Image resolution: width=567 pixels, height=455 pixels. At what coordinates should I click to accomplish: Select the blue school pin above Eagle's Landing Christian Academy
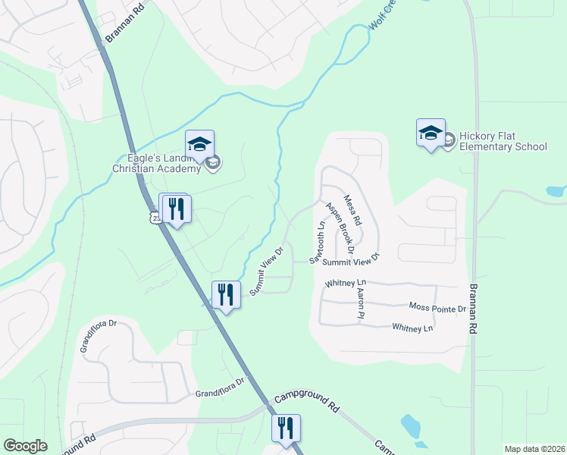pos(199,143)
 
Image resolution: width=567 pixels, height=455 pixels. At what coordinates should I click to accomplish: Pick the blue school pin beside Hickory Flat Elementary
pos(431,133)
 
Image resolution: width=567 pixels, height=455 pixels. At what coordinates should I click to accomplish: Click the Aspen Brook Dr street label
pos(341,227)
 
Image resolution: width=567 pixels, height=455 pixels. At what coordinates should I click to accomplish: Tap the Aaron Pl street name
pos(362,302)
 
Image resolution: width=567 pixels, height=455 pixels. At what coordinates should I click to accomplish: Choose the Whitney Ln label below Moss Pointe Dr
pos(412,328)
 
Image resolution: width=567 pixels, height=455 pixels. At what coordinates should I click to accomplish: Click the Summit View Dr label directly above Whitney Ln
pos(349,260)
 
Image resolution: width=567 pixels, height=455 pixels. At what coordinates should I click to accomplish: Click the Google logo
pos(25,446)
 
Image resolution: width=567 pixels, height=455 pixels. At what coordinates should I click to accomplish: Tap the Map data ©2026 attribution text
pos(534,449)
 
